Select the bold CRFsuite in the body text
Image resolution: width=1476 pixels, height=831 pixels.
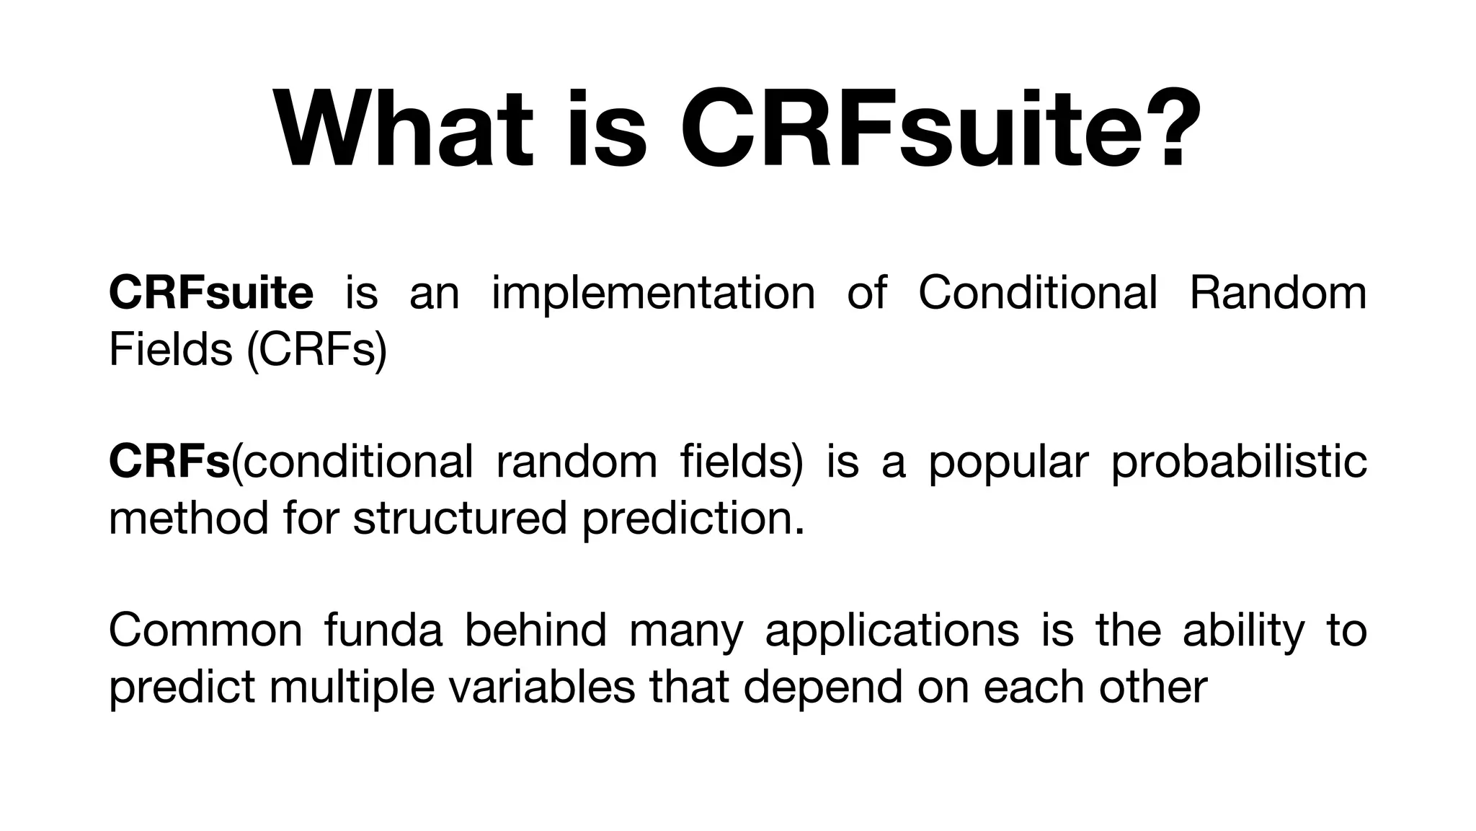point(211,293)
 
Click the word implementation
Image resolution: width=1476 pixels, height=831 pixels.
point(653,293)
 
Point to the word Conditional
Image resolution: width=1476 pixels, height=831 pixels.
point(1038,293)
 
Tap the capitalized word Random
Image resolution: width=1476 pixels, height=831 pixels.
point(1277,293)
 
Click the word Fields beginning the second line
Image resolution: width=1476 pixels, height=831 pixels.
point(171,349)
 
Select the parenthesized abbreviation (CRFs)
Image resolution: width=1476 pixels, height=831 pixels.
point(317,351)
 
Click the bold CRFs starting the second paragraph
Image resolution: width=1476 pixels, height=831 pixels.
point(169,462)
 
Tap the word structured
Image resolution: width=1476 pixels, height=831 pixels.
point(460,518)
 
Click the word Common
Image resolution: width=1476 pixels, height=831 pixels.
point(205,630)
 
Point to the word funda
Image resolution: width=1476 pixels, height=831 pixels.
point(383,630)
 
